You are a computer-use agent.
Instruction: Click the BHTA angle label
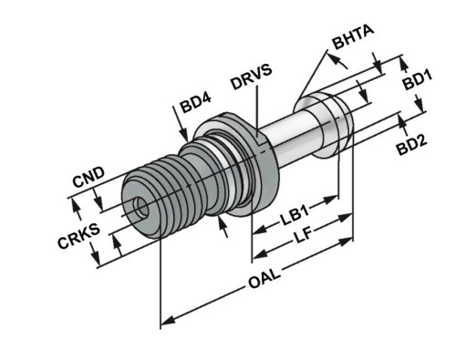(x=353, y=37)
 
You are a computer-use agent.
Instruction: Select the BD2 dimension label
(x=412, y=146)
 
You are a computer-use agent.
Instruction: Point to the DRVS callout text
(x=251, y=77)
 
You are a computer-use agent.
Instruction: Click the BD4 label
(x=195, y=103)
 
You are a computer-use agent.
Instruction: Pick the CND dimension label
(x=88, y=179)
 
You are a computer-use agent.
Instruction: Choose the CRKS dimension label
(x=78, y=236)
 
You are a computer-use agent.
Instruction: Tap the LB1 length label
(x=295, y=214)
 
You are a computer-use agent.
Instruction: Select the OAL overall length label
(x=264, y=279)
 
